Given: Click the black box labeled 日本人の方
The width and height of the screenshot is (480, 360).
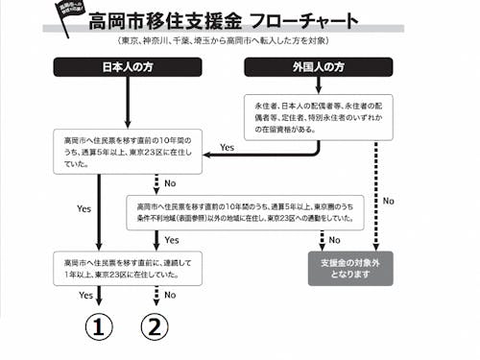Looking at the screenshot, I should coord(128,67).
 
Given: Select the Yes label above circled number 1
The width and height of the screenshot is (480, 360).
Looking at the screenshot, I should coord(85,298).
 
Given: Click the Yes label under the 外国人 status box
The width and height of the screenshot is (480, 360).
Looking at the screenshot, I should coord(228,148).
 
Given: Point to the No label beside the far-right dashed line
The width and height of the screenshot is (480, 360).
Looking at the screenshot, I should coord(389,201).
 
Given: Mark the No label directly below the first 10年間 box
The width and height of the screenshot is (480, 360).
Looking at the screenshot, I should coord(170,183).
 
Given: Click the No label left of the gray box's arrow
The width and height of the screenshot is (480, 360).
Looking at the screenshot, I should coord(334,240).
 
